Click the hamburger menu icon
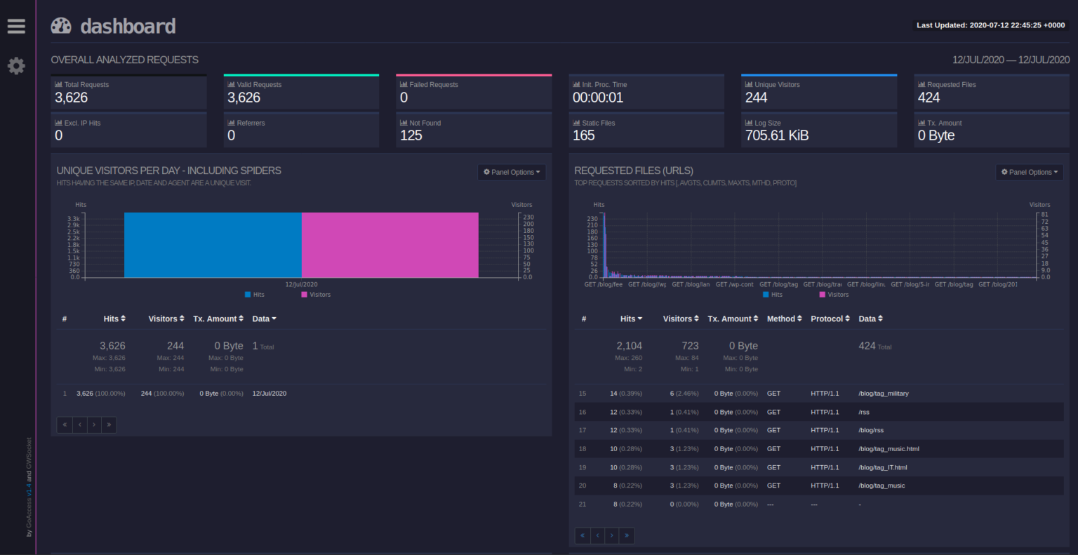tap(16, 26)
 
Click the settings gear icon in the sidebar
tap(16, 66)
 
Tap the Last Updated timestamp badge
tap(990, 25)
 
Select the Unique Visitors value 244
tap(756, 98)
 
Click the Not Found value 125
tap(411, 135)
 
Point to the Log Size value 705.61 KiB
tap(776, 135)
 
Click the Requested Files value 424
tap(929, 98)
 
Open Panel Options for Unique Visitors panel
tap(512, 172)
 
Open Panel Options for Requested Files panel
tap(1029, 172)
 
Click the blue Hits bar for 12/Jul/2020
tap(213, 245)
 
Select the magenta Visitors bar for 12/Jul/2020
tap(390, 245)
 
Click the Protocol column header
tap(830, 319)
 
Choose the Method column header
tap(784, 319)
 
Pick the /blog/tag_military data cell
tap(883, 394)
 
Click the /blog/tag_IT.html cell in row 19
tap(882, 467)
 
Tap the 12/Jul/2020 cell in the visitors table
tap(269, 394)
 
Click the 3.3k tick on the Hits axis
tap(74, 219)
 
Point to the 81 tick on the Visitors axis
tap(1044, 215)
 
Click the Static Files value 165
tap(583, 135)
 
